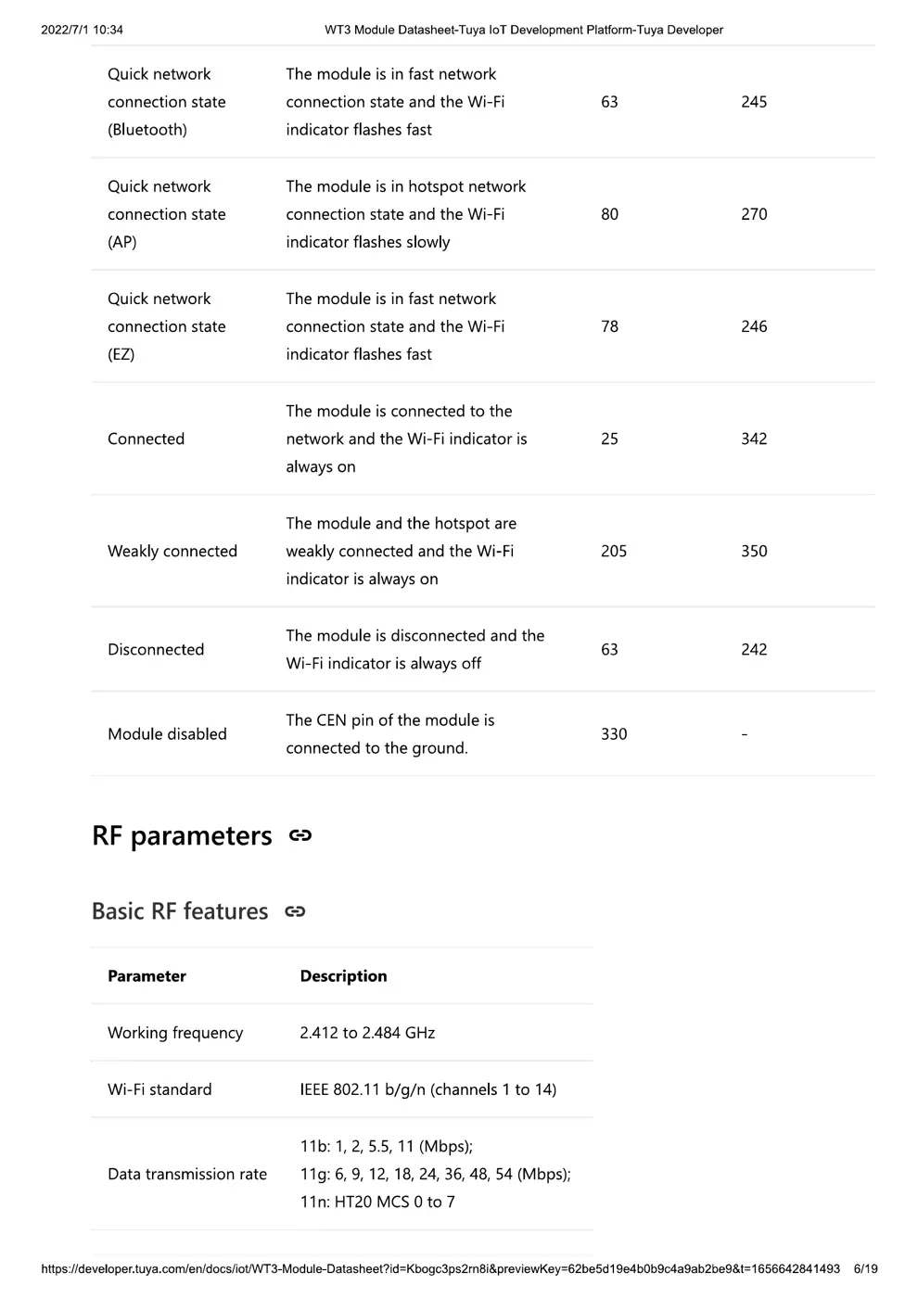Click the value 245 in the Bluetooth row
pos(754,102)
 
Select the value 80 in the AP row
pos(609,214)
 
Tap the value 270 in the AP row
pos(754,214)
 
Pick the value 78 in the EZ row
pos(609,326)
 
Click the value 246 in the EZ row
pos(754,326)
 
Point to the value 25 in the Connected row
pos(609,439)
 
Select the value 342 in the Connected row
pos(754,439)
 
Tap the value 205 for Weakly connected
pos(614,551)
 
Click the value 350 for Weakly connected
pos(754,551)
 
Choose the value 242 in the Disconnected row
pos(754,650)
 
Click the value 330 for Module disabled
pos(614,734)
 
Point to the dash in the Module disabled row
pos(744,734)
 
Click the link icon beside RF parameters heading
pos(300,835)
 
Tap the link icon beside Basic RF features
pos(295,911)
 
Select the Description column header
pos(343,976)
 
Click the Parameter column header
pos(147,976)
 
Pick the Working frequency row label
pos(175,1033)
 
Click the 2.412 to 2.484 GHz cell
pos(367,1033)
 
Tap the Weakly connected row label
pos(172,551)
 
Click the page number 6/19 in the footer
pos(865,1268)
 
